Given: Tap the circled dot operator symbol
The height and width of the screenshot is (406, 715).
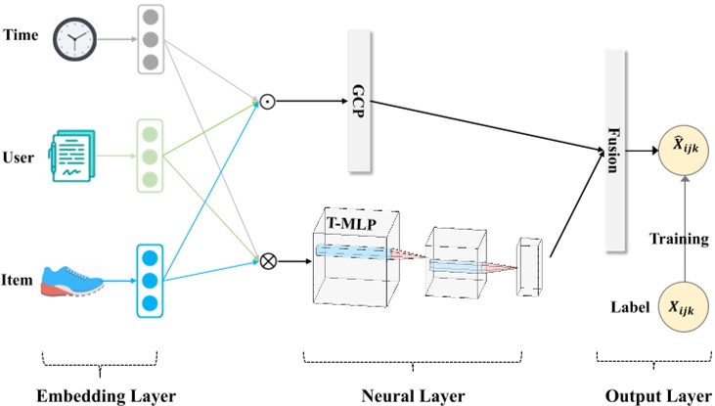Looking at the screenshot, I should pos(265,101).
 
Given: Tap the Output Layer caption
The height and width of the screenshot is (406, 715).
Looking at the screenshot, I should pos(656,395).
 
